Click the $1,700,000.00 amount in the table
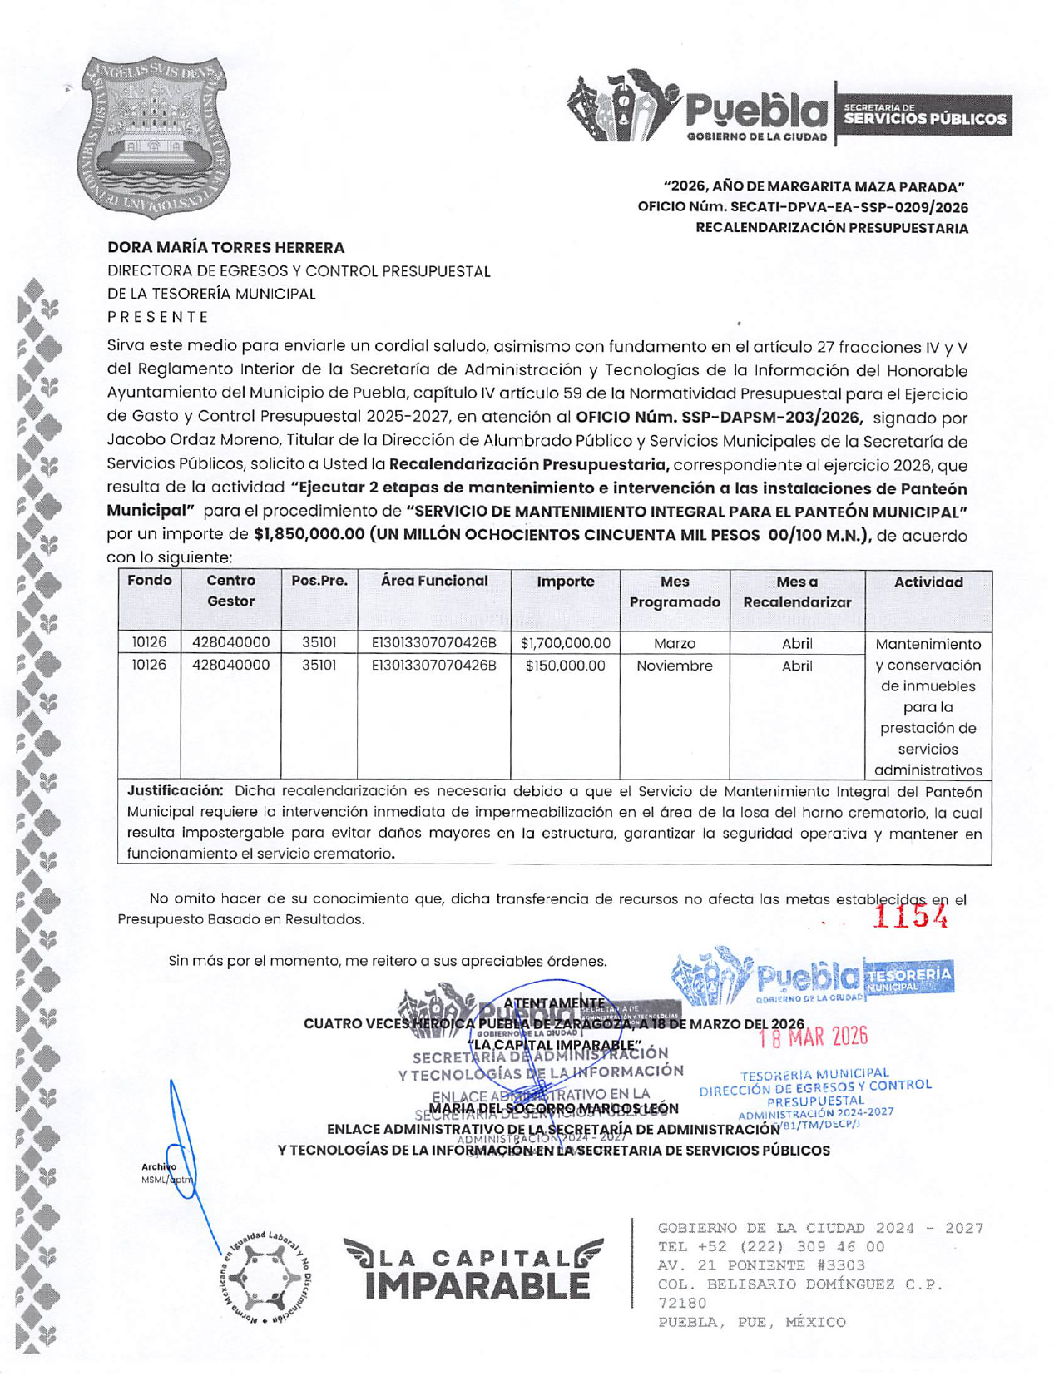pos(565,643)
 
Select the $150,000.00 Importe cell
pos(565,666)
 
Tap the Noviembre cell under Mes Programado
pos(674,666)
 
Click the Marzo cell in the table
pos(674,643)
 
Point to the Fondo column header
pos(150,581)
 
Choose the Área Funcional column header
pos(433,581)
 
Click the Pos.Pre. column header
pos(319,581)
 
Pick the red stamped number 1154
pos(910,916)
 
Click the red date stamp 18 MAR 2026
pos(813,1037)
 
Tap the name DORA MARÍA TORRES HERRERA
pos(225,248)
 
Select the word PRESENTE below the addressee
pos(158,317)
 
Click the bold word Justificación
pos(175,790)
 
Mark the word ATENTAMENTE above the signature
pos(554,1003)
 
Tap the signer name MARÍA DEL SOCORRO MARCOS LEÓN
pos(554,1109)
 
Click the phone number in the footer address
pos(771,1247)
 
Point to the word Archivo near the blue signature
pos(158,1166)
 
